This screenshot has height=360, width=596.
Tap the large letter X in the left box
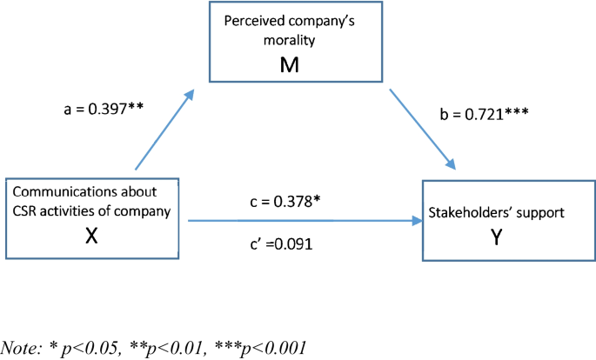91,234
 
